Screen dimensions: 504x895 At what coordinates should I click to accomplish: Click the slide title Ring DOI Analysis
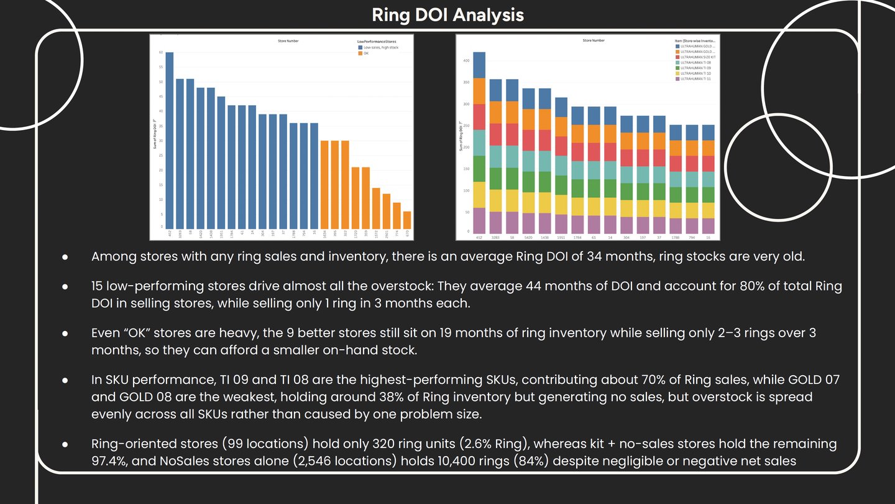pyautogui.click(x=447, y=15)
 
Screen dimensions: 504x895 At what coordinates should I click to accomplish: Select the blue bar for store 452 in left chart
pyautogui.click(x=170, y=140)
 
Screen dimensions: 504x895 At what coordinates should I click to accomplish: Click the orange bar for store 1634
pyautogui.click(x=324, y=185)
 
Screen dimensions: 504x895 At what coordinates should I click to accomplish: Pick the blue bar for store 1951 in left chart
pyautogui.click(x=221, y=162)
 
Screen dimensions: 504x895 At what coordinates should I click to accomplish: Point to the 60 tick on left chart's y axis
pyautogui.click(x=161, y=52)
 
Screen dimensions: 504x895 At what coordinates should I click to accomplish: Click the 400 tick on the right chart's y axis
pyautogui.click(x=466, y=61)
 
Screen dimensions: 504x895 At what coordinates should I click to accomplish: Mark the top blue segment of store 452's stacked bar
pyautogui.click(x=479, y=65)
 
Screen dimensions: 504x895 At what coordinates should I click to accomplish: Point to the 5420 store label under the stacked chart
pyautogui.click(x=528, y=237)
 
